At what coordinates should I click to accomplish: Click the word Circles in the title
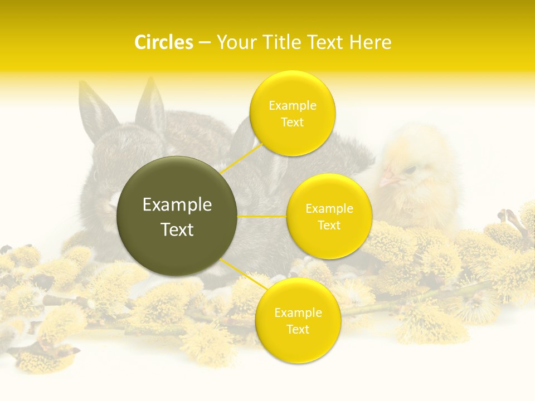164,42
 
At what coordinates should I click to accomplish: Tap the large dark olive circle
177,216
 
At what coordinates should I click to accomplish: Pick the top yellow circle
293,113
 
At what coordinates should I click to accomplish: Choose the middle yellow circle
329,216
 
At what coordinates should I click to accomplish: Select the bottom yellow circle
298,320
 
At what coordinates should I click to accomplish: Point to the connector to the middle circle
262,216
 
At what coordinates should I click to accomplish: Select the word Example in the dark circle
177,205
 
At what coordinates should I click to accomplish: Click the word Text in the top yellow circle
293,123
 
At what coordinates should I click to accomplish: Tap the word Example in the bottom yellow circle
298,312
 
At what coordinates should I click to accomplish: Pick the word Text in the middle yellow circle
329,225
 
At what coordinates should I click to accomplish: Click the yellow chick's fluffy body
424,195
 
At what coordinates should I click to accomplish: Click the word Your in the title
236,42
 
